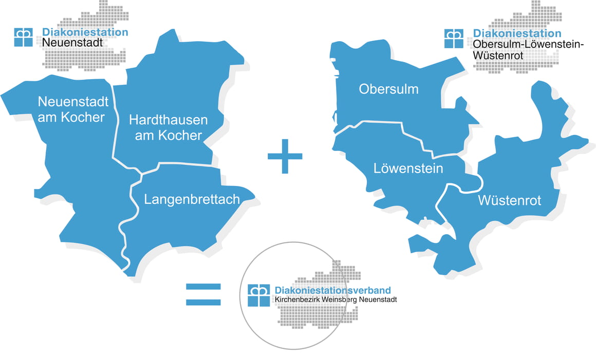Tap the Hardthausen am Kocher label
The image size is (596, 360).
click(x=168, y=128)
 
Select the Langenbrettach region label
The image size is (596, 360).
click(x=192, y=199)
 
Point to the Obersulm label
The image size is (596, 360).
click(x=388, y=89)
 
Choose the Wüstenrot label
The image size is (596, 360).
click(x=509, y=200)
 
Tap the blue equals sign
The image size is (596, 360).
click(x=203, y=294)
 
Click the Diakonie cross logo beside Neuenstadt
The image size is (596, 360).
click(x=24, y=37)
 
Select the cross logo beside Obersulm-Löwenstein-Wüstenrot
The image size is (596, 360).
click(x=454, y=39)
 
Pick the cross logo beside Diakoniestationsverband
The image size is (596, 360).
click(x=258, y=295)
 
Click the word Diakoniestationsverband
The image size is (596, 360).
click(x=336, y=290)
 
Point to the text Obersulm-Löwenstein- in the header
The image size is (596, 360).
click(x=528, y=45)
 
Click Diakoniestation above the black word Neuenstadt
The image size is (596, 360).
click(x=85, y=32)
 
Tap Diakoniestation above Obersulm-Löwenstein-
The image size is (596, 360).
click(x=517, y=34)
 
